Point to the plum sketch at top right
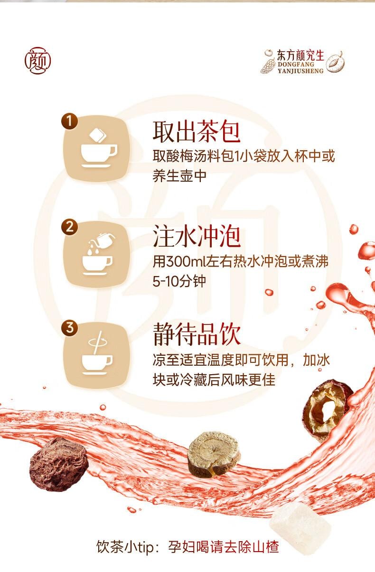(335, 61)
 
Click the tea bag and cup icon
(98, 148)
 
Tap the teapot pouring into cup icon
(98, 255)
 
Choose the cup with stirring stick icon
(97, 355)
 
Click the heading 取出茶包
(196, 132)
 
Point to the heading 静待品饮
(196, 335)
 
